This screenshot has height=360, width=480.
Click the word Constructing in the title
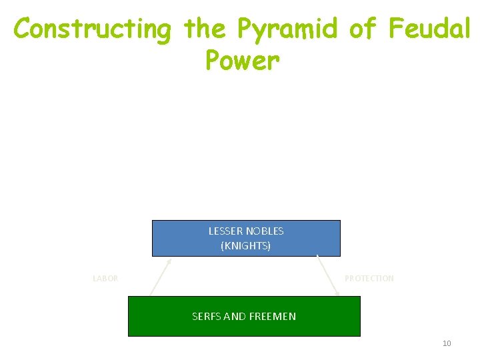click(93, 29)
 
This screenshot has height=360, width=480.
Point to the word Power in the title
click(243, 61)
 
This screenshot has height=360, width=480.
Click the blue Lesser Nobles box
click(246, 238)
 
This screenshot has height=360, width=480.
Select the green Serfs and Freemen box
click(244, 316)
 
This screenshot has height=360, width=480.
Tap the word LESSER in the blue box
click(226, 231)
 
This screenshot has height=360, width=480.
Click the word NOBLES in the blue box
click(265, 231)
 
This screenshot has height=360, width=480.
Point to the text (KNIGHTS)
click(246, 245)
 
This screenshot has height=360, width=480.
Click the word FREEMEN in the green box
click(273, 316)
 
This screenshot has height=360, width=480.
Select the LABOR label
click(105, 279)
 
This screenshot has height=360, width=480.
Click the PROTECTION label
click(369, 278)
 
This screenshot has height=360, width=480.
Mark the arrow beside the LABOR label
click(161, 277)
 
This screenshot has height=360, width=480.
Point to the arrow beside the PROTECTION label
click(328, 275)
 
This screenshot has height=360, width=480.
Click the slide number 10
click(447, 343)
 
